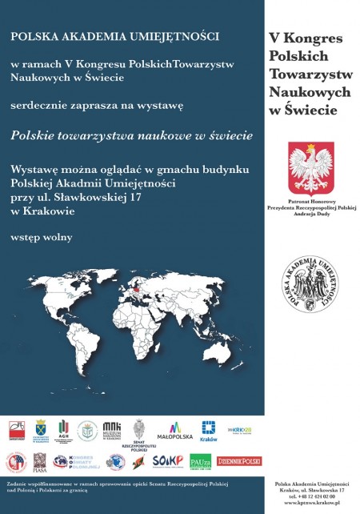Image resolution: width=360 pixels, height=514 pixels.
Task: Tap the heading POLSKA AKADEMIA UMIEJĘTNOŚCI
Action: click(115, 36)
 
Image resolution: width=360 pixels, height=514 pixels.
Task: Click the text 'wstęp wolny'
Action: click(41, 237)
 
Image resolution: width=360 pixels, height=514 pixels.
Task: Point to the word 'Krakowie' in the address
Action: click(47, 211)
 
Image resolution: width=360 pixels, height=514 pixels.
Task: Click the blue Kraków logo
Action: click(208, 432)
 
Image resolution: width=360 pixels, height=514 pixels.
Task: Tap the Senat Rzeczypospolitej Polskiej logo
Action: click(139, 433)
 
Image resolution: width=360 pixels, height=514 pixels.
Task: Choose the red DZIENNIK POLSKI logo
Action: click(239, 460)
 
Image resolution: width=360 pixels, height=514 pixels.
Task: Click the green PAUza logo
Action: click(200, 461)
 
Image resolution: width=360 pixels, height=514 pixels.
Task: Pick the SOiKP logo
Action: click(168, 461)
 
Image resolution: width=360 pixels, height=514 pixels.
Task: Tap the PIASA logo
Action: click(39, 461)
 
